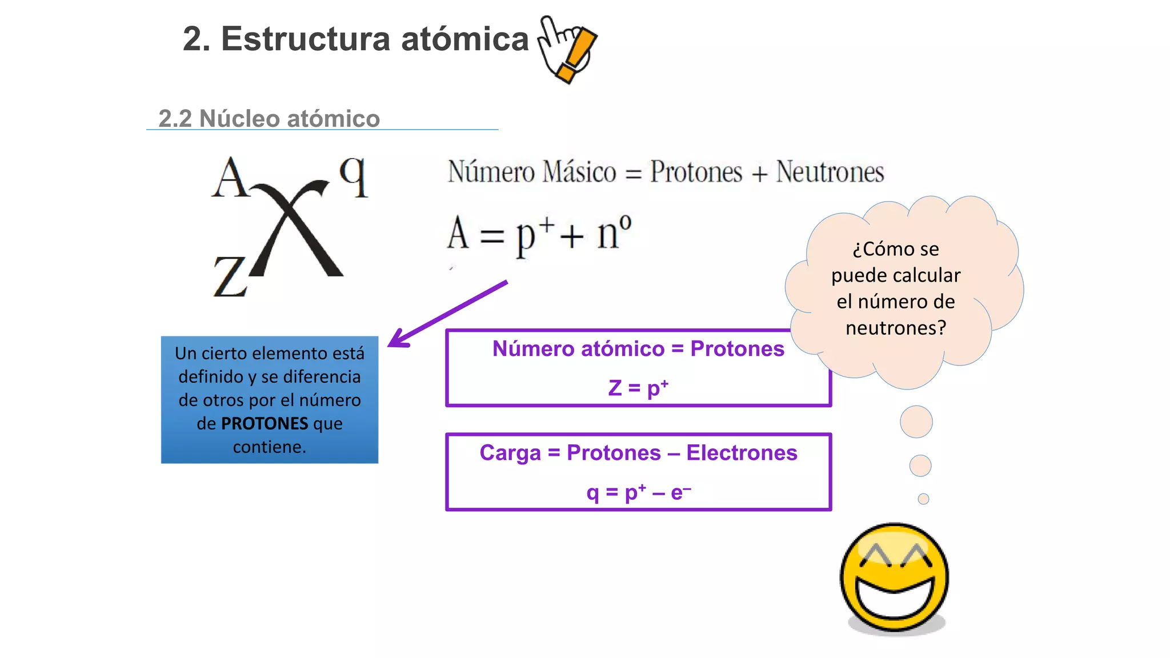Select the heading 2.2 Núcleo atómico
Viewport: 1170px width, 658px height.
[x=269, y=119]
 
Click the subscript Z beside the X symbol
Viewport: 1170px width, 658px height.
[x=230, y=276]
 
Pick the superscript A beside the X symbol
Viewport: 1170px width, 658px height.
[x=230, y=178]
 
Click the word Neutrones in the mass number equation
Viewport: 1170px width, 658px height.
[x=830, y=172]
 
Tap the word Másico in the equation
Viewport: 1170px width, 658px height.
[x=579, y=172]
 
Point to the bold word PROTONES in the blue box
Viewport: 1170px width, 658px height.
[x=265, y=423]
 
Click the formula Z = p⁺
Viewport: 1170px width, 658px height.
[x=638, y=387]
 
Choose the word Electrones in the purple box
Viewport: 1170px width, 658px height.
[x=742, y=452]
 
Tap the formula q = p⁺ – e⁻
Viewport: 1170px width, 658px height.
[x=638, y=492]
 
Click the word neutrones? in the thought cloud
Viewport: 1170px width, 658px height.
[x=896, y=328]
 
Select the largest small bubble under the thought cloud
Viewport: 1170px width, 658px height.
[x=916, y=422]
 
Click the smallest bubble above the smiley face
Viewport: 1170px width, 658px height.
[x=923, y=499]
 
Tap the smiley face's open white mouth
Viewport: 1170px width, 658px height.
[x=895, y=597]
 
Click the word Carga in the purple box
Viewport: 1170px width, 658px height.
[x=510, y=452]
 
